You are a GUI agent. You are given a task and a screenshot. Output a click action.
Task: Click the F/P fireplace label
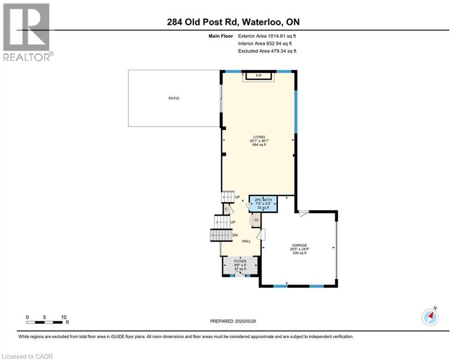click(258, 75)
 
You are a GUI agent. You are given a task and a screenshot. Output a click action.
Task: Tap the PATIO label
click(174, 98)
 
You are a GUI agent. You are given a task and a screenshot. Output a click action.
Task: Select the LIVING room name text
click(259, 137)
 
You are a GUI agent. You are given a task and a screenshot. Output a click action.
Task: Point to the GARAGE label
click(299, 245)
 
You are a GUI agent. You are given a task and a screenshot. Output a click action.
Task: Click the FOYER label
click(241, 262)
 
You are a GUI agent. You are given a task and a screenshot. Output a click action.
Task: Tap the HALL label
click(246, 241)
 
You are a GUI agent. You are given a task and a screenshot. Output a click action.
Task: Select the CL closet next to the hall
click(257, 219)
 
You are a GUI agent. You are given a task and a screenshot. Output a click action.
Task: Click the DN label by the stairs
click(235, 235)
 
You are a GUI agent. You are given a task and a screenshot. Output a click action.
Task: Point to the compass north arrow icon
click(430, 317)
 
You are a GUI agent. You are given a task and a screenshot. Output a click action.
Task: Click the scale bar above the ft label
click(44, 322)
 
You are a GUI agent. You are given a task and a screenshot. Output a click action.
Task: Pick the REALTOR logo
click(27, 32)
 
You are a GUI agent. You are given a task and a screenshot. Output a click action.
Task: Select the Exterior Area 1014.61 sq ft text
click(267, 36)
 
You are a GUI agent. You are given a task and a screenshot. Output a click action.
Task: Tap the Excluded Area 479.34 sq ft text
click(267, 51)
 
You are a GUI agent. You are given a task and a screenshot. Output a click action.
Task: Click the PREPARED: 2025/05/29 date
click(234, 321)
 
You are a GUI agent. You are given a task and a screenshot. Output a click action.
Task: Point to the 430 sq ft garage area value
click(299, 253)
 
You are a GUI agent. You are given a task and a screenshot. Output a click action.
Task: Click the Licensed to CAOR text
click(28, 356)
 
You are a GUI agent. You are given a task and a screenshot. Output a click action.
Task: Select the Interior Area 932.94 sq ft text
click(267, 44)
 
